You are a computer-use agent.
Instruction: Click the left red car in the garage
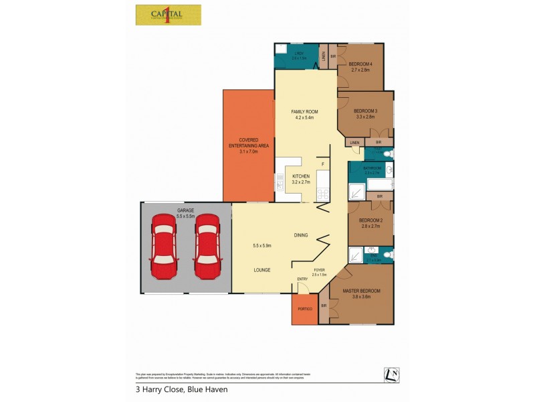[x=163, y=246]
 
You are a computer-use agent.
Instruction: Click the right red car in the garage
[x=207, y=246]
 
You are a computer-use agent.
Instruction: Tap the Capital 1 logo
[x=168, y=15]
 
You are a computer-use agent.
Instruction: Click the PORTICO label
[x=305, y=310]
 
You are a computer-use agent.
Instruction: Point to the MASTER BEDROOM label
[x=361, y=290]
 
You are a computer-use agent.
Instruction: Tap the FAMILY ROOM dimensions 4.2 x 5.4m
[x=304, y=117]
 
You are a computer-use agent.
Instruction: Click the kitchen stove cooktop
[x=322, y=195]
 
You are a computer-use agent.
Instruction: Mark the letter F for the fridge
[x=322, y=164]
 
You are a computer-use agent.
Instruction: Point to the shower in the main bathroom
[x=356, y=192]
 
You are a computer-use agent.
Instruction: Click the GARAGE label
[x=185, y=210]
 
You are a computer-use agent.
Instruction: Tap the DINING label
[x=301, y=235]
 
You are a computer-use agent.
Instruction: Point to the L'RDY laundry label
[x=298, y=54]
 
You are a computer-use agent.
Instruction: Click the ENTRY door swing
[x=302, y=287]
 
